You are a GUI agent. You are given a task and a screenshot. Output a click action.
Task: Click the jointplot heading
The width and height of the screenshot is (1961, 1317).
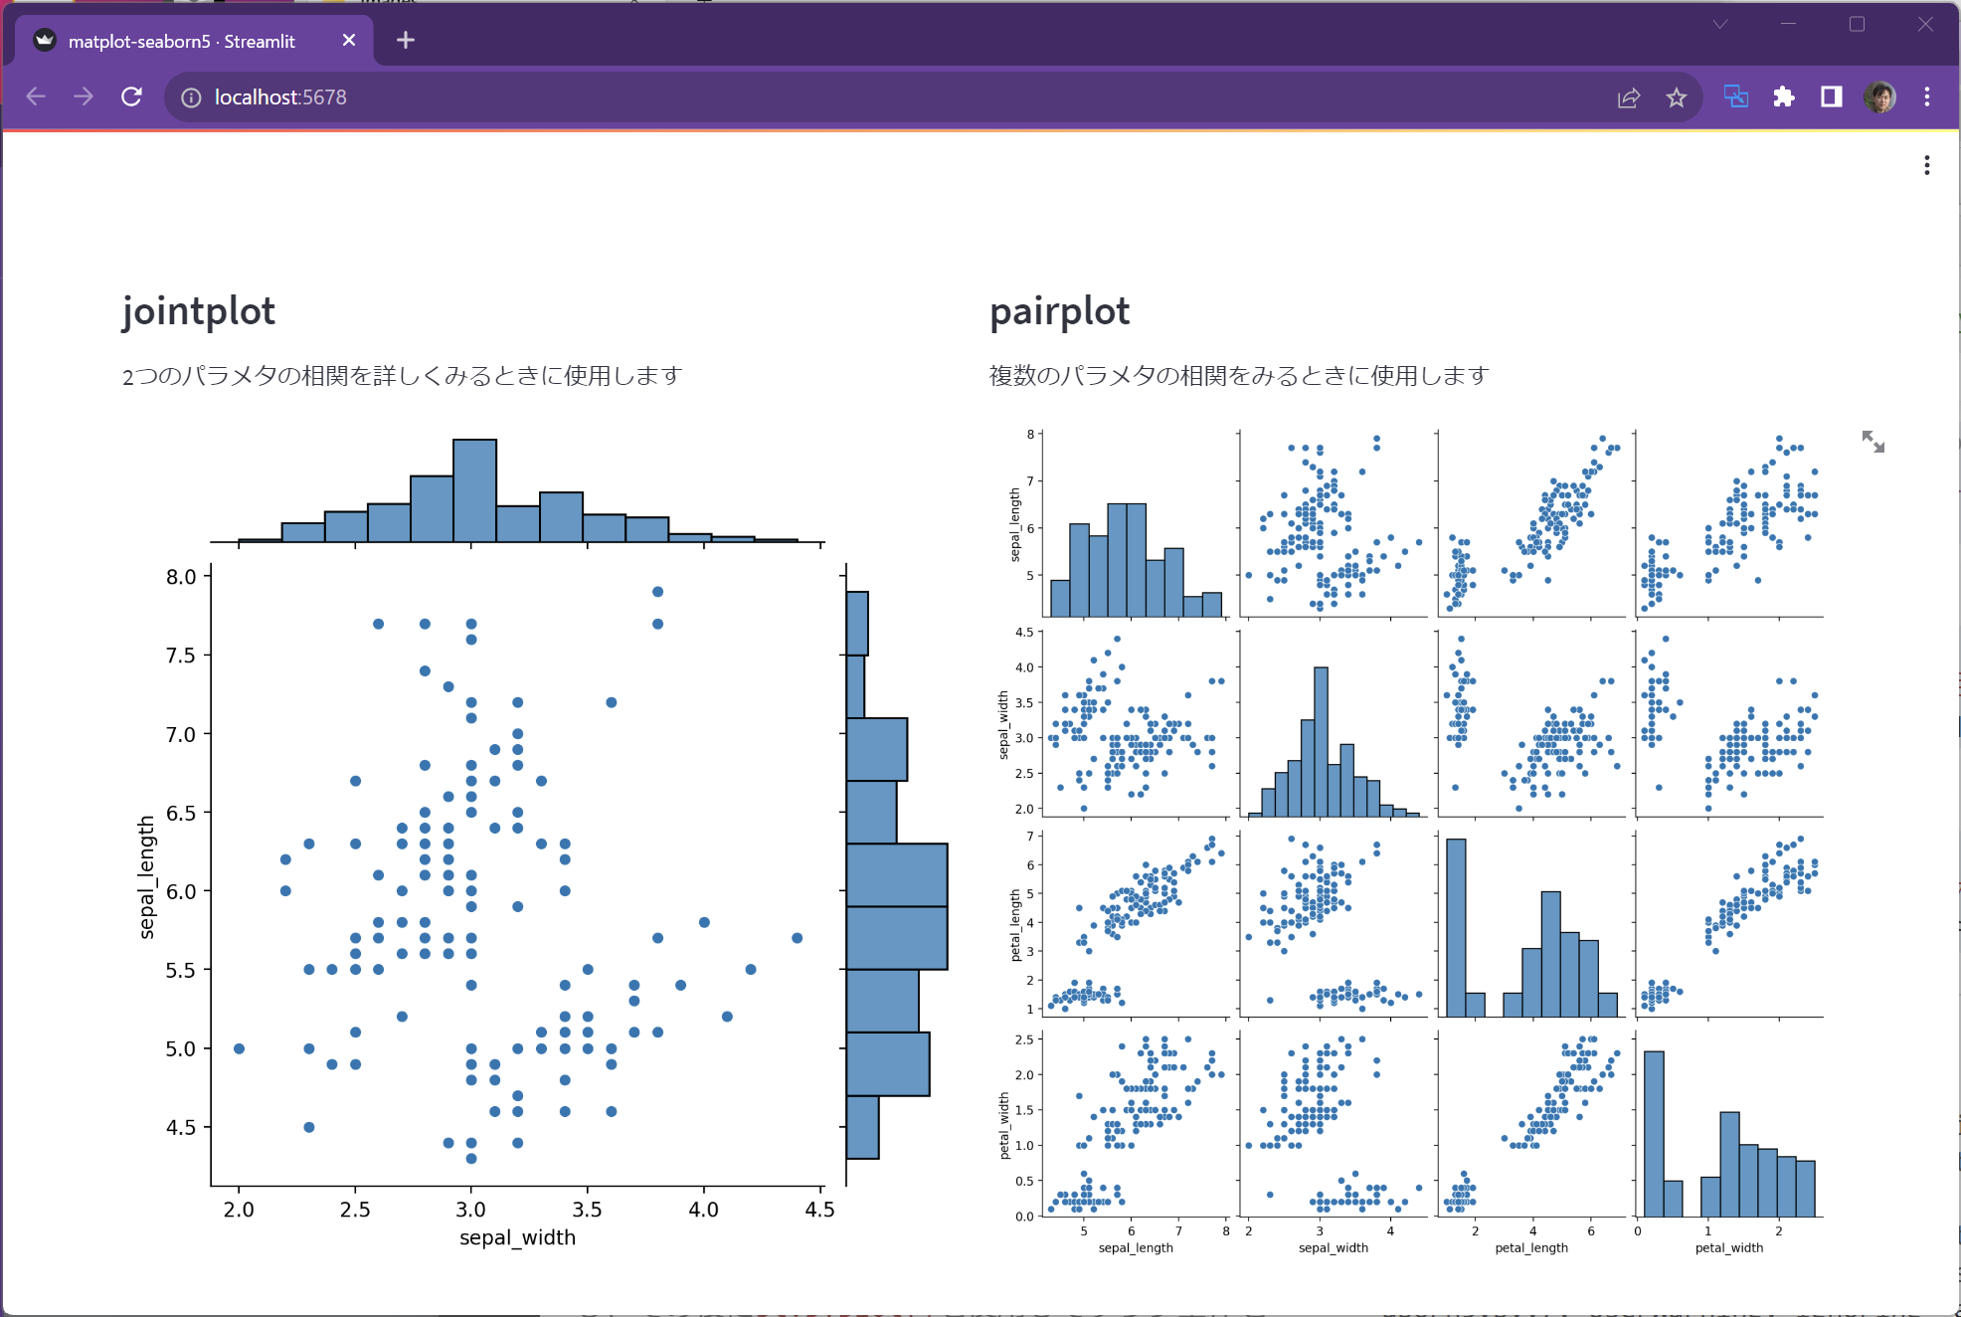tap(198, 311)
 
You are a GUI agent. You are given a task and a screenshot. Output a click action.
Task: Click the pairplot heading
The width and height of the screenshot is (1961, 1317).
tap(1059, 311)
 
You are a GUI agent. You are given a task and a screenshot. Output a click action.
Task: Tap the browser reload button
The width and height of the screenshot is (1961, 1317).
tap(131, 96)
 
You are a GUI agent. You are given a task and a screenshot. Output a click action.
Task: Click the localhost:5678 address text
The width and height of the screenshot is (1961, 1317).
tap(280, 97)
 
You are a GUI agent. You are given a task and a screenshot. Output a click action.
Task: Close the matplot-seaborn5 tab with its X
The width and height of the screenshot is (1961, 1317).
tap(348, 40)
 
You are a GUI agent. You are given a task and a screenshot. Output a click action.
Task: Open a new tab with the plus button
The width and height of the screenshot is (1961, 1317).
tap(405, 40)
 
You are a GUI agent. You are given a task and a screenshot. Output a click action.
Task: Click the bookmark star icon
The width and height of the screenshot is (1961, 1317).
tap(1677, 97)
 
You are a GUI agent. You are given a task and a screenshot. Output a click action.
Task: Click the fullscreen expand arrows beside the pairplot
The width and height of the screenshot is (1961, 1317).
tap(1872, 442)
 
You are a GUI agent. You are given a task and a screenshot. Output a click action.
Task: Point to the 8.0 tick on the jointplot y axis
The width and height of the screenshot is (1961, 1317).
tap(181, 577)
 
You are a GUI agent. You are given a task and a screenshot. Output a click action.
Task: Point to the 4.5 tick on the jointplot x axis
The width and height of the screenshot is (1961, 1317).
tap(819, 1210)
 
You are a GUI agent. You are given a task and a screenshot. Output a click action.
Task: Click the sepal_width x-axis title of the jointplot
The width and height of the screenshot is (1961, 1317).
tap(517, 1237)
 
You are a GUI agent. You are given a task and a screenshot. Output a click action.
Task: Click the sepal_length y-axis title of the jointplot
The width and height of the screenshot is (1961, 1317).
tap(147, 876)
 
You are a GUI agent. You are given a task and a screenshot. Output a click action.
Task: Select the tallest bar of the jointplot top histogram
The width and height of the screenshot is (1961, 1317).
tap(474, 491)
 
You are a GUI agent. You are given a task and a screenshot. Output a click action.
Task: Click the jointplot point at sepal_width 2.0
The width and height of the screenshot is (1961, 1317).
tap(239, 1048)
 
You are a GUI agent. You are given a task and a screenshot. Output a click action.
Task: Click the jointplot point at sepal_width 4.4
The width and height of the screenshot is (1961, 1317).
tap(797, 938)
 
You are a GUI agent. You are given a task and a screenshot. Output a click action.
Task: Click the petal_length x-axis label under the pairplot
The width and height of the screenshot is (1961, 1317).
tap(1530, 1247)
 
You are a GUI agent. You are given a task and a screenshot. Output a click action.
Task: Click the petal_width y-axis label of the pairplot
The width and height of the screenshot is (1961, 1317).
tap(1003, 1125)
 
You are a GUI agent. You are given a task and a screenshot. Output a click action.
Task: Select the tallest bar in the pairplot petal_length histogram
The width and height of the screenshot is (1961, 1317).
tap(1455, 927)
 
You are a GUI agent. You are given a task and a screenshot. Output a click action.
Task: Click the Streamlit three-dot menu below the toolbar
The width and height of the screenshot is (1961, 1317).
tap(1926, 165)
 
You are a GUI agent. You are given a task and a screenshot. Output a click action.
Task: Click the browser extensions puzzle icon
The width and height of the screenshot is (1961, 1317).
tap(1783, 96)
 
